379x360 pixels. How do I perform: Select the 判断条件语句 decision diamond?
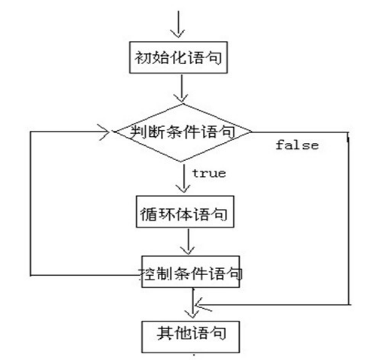(x=182, y=131)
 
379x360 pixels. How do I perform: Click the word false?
(x=297, y=145)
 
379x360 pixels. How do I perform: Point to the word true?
(x=209, y=174)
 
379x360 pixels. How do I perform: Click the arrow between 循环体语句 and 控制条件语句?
(x=188, y=243)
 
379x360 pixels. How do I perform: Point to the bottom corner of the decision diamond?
(x=182, y=161)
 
